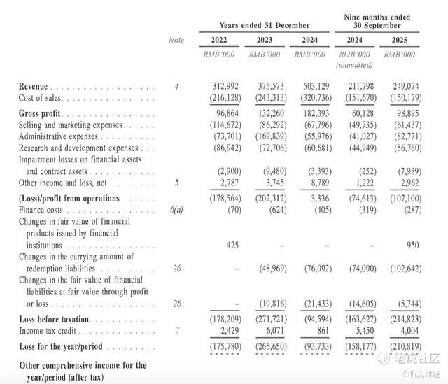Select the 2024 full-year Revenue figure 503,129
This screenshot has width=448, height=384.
[309, 86]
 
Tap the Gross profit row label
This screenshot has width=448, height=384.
[41, 113]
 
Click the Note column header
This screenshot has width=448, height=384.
[176, 40]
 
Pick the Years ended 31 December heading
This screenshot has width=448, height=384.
[264, 26]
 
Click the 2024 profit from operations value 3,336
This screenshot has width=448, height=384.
[315, 199]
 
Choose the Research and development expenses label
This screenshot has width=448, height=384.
[78, 148]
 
